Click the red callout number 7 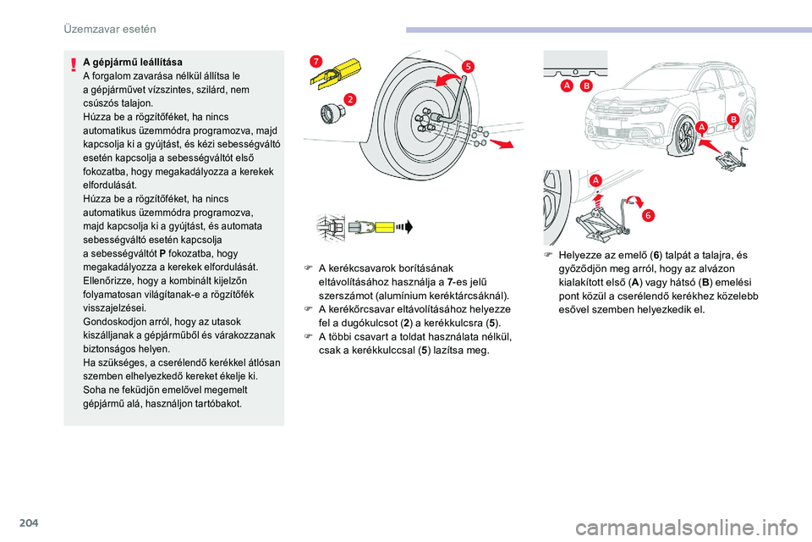[x=315, y=60]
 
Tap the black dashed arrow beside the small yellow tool [x=409, y=226]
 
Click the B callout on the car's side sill [x=732, y=121]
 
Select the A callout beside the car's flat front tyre [x=701, y=127]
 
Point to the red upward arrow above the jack [x=597, y=200]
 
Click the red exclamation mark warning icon [x=75, y=63]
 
